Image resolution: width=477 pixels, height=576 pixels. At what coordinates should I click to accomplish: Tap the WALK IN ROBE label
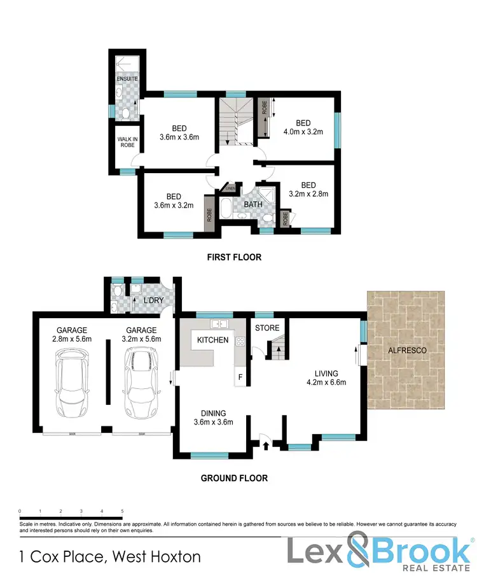click(x=123, y=141)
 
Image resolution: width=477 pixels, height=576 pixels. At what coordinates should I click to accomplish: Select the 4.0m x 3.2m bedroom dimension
click(x=303, y=132)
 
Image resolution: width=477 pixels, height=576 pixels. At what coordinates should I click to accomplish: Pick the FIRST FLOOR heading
click(x=235, y=258)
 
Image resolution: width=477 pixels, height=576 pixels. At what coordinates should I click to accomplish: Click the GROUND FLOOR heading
click(x=234, y=478)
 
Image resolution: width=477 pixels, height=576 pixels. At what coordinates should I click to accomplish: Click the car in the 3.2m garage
click(x=141, y=386)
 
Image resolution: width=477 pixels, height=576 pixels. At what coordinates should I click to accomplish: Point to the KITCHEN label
click(x=212, y=340)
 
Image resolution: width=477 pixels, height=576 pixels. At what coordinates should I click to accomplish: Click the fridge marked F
click(x=240, y=377)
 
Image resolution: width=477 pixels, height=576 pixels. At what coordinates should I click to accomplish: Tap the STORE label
click(x=267, y=328)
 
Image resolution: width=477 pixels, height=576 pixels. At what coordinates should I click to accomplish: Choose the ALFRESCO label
click(x=407, y=351)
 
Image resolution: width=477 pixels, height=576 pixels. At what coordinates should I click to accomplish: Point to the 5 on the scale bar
click(x=122, y=511)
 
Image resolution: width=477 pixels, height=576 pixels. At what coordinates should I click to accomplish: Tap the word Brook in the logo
click(x=417, y=549)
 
